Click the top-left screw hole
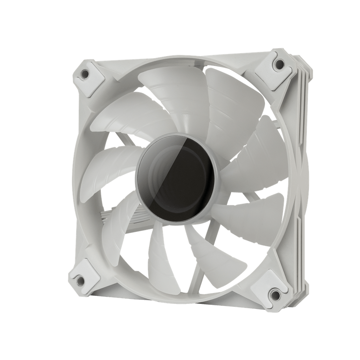pyautogui.click(x=85, y=73)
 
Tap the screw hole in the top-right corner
pyautogui.click(x=278, y=64)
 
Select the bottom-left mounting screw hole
pyautogui.click(x=79, y=277)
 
